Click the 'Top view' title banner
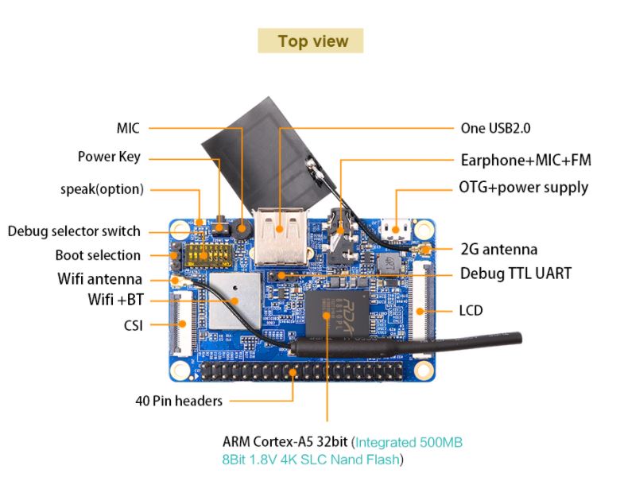(x=310, y=41)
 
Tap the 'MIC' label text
(x=128, y=128)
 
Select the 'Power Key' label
(x=109, y=157)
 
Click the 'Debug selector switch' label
(x=74, y=231)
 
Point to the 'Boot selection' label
(x=98, y=255)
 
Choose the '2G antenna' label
(x=499, y=250)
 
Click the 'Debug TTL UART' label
(x=516, y=274)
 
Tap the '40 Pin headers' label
(x=179, y=401)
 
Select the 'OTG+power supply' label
(x=524, y=188)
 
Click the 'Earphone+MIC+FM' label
(x=525, y=160)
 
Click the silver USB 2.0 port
(x=281, y=236)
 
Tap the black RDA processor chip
(x=337, y=314)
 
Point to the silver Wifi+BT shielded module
(x=234, y=301)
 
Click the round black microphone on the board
(x=241, y=228)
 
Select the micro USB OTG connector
(x=396, y=229)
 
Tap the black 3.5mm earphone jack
(x=342, y=238)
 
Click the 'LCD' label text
(x=471, y=311)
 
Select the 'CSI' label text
(x=134, y=325)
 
